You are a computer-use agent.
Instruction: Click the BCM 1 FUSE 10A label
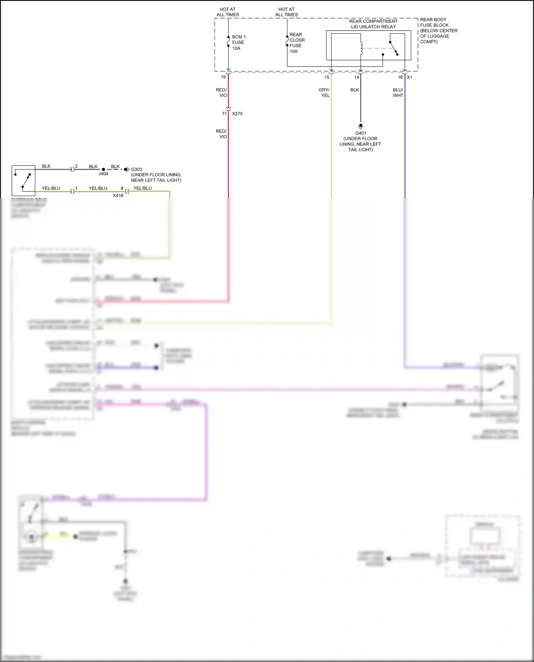(x=239, y=42)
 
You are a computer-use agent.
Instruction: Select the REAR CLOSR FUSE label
(x=297, y=43)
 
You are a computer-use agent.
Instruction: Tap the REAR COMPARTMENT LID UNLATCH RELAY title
(x=373, y=24)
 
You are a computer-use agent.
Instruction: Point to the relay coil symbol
(x=361, y=48)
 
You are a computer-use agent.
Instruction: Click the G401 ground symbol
(x=361, y=126)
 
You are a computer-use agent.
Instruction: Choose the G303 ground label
(x=136, y=169)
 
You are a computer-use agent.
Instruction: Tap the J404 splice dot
(x=103, y=169)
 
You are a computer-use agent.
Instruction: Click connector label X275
(x=237, y=114)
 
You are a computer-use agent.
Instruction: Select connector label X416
(x=118, y=196)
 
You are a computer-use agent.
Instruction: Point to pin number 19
(x=223, y=77)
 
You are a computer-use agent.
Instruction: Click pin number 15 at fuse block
(x=327, y=77)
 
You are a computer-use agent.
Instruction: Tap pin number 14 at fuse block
(x=356, y=77)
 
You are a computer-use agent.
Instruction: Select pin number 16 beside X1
(x=400, y=77)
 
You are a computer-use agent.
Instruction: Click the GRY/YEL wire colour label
(x=324, y=92)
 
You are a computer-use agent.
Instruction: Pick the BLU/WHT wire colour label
(x=398, y=92)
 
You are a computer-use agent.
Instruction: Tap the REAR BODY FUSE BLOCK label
(x=438, y=31)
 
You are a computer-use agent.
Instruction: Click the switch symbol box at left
(x=23, y=180)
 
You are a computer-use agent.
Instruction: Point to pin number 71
(x=224, y=114)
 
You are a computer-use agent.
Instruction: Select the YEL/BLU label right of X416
(x=142, y=188)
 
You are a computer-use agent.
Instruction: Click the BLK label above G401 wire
(x=355, y=90)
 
